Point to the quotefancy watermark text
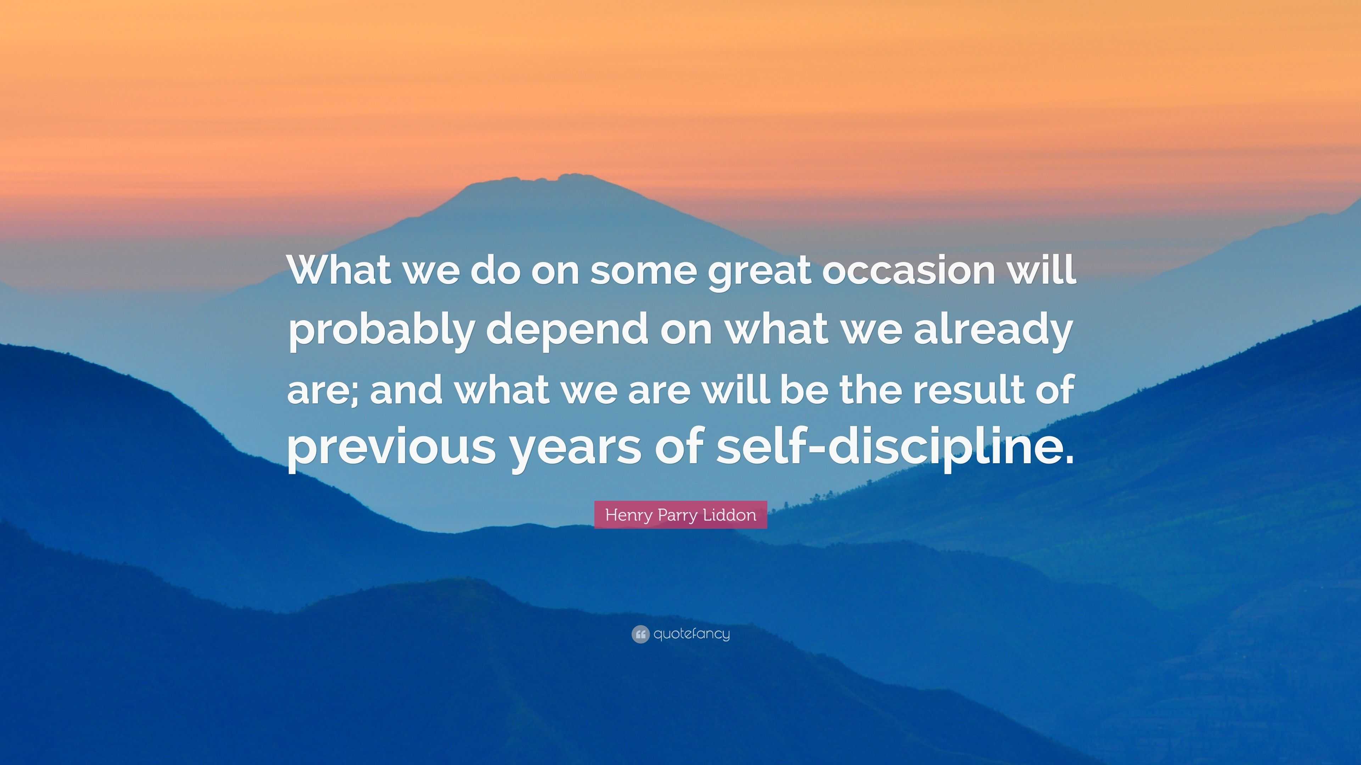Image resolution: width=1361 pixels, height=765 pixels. tap(691, 634)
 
